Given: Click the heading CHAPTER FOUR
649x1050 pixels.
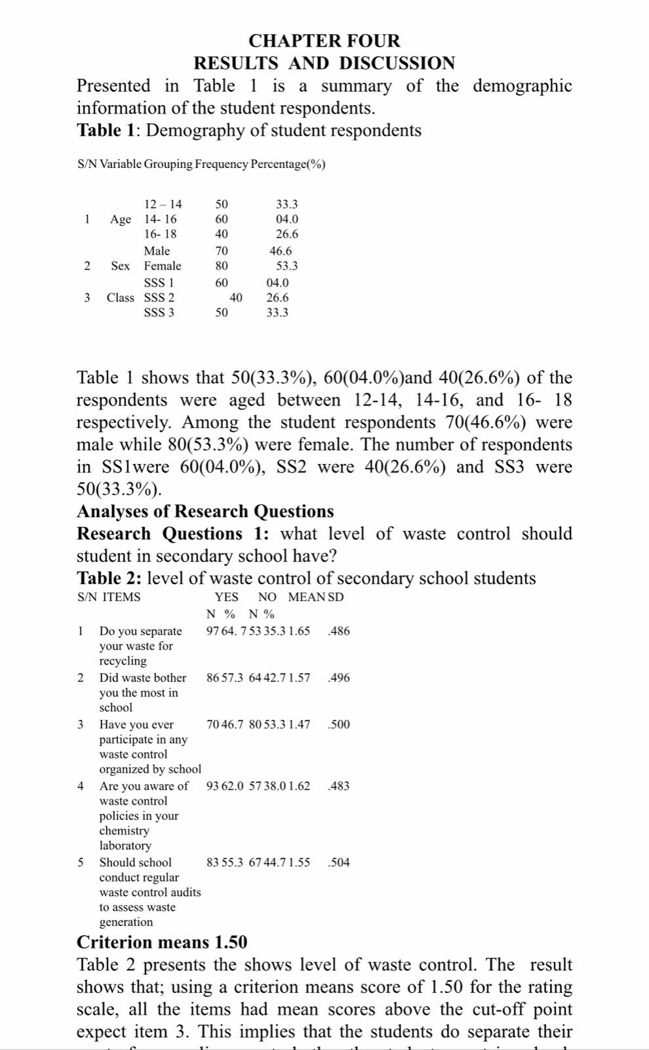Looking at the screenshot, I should [324, 41].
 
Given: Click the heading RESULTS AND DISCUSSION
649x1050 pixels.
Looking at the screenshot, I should [324, 63].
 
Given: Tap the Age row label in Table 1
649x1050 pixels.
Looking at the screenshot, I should [121, 219].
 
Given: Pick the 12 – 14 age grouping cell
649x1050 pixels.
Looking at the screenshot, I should [163, 205].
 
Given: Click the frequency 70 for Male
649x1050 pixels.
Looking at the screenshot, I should [222, 251].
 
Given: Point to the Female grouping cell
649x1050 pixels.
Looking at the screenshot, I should [163, 266].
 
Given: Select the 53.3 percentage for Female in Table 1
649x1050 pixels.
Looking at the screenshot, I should [287, 266].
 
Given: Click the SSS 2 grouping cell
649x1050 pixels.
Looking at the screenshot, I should [159, 297].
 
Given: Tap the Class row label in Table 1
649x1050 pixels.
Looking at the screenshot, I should [121, 297].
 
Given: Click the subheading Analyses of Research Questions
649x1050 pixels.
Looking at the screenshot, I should [205, 511].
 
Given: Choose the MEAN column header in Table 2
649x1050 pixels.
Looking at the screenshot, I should [307, 597].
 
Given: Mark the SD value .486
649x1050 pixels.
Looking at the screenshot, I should [339, 631].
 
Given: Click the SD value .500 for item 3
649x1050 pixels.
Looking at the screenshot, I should [339, 724].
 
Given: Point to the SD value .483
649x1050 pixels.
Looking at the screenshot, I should [339, 786].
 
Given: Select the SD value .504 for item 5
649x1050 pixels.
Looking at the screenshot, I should [339, 862].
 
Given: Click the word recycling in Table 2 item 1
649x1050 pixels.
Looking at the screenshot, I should [123, 661].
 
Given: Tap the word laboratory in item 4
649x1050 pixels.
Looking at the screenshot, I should [125, 846].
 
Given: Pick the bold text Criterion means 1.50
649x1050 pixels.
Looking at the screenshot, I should [162, 942].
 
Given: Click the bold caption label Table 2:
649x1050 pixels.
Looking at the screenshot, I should [109, 578].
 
